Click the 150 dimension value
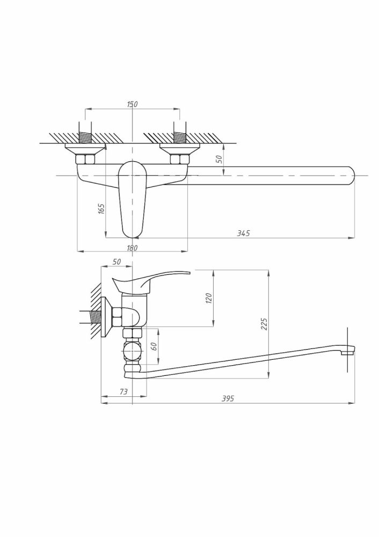coord(132,104)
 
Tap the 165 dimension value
coord(101,208)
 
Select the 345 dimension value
coord(243,233)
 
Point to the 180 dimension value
coord(132,248)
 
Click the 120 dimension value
coord(210,298)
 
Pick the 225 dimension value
coord(264,324)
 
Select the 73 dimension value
coord(123,391)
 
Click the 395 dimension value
coord(228,398)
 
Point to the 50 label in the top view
coord(219,159)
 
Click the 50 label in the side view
coord(116,262)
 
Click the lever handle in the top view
coord(133,199)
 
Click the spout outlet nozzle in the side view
coord(348,350)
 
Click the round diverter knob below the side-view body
coord(132,350)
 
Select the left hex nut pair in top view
coord(85,159)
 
